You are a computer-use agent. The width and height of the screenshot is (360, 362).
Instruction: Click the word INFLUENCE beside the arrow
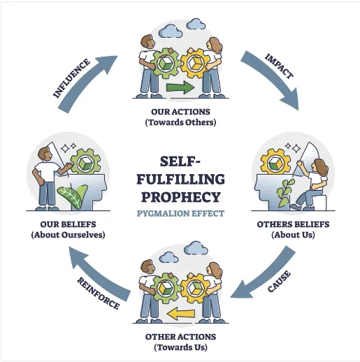[71, 78]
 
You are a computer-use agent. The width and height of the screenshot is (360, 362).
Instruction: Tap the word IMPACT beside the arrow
[279, 66]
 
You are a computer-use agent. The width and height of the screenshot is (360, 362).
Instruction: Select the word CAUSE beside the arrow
[279, 281]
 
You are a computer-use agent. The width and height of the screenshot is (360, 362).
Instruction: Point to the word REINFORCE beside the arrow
[99, 293]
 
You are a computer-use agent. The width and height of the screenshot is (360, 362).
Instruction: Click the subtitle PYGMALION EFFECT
[180, 213]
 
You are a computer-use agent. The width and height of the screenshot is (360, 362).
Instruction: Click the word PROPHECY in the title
[181, 197]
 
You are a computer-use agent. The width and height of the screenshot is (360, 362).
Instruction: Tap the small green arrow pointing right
[180, 87]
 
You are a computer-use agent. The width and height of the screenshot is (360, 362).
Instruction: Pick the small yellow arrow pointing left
[181, 314]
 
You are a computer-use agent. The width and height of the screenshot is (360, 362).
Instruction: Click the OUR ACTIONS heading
[180, 112]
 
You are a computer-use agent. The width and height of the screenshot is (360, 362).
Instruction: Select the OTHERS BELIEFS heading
[293, 224]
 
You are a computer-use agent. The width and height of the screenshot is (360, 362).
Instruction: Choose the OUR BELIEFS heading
[68, 224]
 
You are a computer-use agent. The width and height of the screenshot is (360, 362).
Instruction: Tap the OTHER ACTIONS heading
[180, 337]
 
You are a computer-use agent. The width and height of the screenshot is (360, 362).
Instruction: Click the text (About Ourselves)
[68, 235]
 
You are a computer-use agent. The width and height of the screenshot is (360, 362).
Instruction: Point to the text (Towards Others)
[180, 122]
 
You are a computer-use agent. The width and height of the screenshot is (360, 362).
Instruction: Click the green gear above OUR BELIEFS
[85, 162]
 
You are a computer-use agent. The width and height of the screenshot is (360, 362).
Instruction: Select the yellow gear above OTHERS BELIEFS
[275, 162]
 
